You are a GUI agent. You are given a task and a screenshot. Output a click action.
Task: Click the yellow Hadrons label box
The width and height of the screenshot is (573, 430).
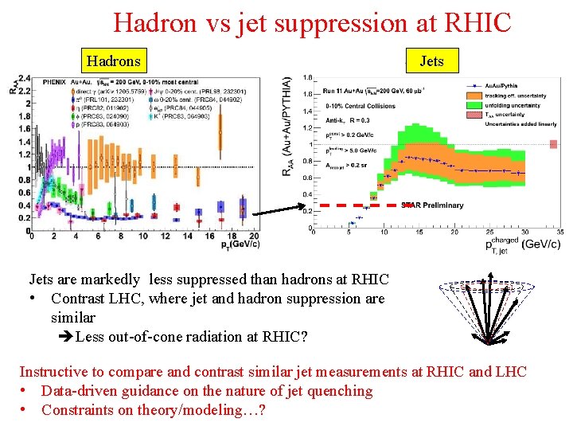coord(113,61)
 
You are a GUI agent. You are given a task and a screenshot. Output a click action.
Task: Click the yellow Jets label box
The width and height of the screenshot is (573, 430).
coord(431,61)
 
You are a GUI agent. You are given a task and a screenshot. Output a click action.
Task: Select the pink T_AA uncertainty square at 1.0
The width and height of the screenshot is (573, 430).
coord(553,144)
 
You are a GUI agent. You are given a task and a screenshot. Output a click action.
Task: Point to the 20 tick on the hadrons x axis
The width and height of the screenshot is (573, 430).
coord(253,236)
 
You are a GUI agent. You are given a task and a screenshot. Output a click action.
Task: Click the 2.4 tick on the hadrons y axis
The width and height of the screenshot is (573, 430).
coord(24,78)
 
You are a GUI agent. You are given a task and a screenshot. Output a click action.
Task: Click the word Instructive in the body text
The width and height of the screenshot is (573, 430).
coord(54,371)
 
